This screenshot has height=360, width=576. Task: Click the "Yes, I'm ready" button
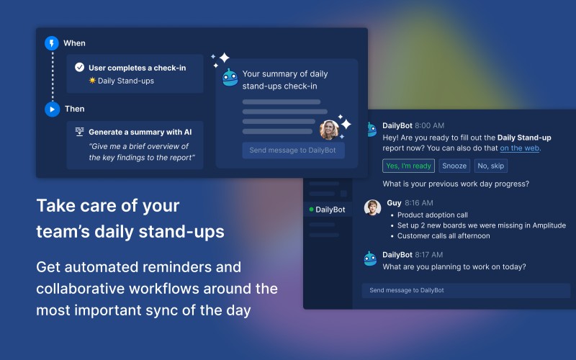point(408,166)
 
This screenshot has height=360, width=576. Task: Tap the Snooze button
point(454,166)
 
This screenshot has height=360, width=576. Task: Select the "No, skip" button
point(491,166)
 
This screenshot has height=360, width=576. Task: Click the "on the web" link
point(519,148)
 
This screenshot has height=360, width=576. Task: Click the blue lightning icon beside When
point(52,43)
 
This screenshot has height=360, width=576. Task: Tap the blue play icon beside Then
point(52,109)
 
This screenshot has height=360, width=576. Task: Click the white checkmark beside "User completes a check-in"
point(79,67)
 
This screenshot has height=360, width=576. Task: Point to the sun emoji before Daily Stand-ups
point(92,80)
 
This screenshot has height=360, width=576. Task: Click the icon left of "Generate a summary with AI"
point(79,132)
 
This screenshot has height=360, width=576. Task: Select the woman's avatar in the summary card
point(329,130)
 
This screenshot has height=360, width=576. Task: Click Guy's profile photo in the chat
point(372,207)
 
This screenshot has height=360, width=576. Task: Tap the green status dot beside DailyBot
point(311,210)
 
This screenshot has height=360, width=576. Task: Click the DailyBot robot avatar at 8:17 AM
point(370,258)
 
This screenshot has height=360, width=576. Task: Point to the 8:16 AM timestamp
point(419,203)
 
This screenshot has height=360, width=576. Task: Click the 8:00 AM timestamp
point(429,125)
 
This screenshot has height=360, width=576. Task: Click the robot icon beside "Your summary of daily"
point(230,78)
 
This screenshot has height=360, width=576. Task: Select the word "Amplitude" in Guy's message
point(549,225)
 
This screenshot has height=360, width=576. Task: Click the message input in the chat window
point(466,290)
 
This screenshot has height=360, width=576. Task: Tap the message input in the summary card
point(293,150)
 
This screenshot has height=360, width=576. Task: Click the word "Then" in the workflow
point(75,109)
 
